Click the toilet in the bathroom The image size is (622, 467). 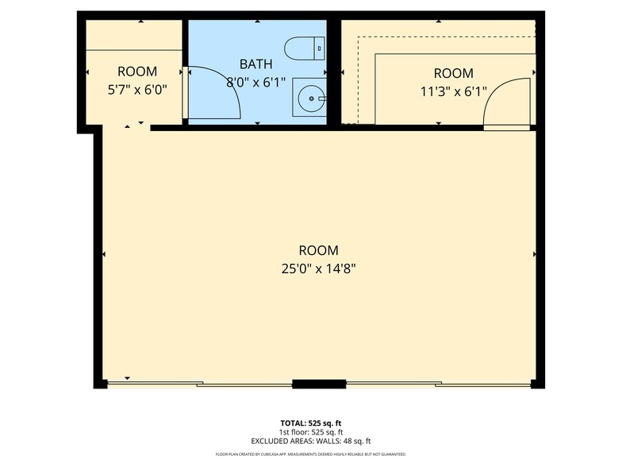point(304,48)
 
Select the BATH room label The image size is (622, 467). point(255,64)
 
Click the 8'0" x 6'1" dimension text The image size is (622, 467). point(255,81)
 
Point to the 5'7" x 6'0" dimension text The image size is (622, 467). point(137,90)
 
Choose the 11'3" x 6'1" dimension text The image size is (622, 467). point(453,91)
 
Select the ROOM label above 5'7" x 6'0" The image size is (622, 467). point(137,71)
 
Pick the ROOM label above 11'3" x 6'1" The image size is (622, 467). point(453,73)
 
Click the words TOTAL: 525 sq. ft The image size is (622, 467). point(311,423)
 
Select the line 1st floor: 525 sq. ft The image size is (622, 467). point(311,432)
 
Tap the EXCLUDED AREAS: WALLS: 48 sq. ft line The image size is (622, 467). point(311,441)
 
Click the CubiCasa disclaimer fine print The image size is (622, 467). point(311,454)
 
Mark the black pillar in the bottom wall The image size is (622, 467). point(319,384)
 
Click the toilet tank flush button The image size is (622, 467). point(320,48)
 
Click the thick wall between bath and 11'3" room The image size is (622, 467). point(334,71)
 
